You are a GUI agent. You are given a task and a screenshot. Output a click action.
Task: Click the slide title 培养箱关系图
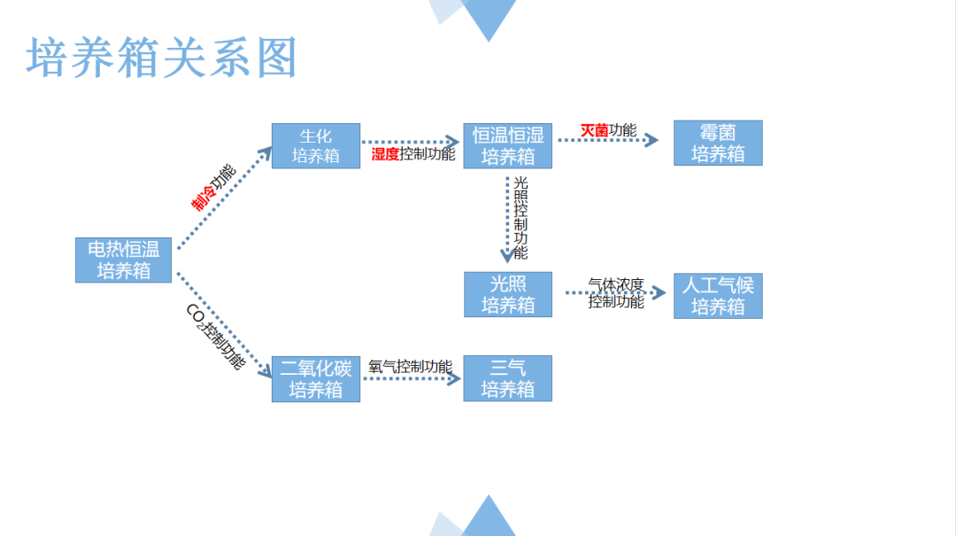pos(162,58)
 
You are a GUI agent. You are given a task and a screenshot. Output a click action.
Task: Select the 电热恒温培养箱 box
pos(123,260)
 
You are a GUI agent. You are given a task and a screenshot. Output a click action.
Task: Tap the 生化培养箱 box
pos(316,146)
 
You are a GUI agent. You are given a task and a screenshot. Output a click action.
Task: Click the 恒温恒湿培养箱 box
pos(507,146)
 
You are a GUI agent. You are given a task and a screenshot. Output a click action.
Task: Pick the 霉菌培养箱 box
pos(718,144)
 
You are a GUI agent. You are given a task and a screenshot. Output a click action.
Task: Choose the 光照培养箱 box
pos(507,294)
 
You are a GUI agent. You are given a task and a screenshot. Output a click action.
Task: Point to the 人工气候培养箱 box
pos(718,296)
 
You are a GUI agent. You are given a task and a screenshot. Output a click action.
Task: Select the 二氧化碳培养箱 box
pos(316,379)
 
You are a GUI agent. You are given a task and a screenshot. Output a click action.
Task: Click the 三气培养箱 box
pos(507,378)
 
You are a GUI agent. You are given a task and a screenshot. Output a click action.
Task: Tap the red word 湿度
pos(385,155)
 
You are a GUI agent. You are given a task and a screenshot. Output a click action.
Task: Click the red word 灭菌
pos(594,131)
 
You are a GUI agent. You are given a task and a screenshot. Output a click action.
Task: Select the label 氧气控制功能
pos(410,367)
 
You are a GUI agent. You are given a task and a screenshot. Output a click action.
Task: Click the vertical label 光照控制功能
pos(520,217)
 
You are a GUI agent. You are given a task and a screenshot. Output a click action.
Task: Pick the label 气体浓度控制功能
pos(616,293)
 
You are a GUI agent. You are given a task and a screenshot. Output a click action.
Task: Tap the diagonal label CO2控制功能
pos(213,337)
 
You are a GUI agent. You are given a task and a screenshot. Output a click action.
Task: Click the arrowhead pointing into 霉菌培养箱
pos(652,140)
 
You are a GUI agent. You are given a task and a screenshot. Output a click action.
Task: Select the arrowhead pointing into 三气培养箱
pos(455,378)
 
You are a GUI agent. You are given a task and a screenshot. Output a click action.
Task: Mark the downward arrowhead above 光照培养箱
pos(508,256)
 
